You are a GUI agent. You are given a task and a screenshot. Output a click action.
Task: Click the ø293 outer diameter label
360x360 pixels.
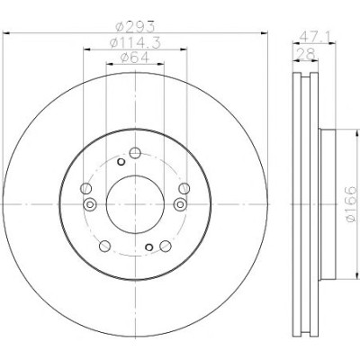point(135,27)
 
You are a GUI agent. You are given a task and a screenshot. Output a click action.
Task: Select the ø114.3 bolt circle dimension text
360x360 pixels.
point(135,43)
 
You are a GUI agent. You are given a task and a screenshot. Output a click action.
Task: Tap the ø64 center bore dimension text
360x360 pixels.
point(135,58)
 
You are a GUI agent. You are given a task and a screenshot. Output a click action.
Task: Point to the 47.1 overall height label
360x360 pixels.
point(315,37)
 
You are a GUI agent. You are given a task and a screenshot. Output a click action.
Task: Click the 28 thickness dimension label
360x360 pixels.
point(306,55)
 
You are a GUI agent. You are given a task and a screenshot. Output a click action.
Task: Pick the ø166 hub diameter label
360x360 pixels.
point(351,204)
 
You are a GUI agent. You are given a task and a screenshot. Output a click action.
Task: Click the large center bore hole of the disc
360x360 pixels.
point(135,204)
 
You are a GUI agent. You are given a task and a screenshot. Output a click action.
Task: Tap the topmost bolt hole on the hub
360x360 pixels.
point(135,153)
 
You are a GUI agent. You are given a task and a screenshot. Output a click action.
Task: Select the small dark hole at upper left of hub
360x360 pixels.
point(121,162)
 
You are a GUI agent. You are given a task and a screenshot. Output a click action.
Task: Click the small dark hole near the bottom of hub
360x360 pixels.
point(149,247)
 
